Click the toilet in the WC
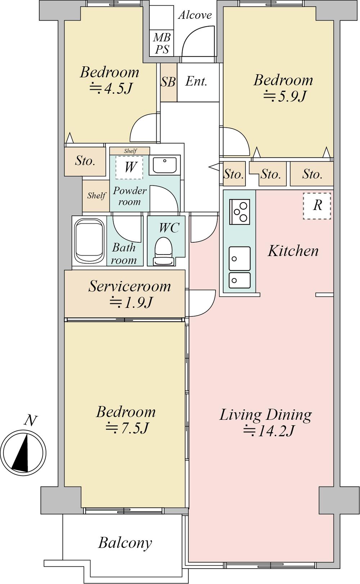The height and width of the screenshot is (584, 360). [163, 251]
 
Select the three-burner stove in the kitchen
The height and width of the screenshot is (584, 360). [239, 212]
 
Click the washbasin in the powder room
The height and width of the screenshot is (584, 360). [165, 165]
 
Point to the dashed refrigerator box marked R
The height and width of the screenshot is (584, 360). [317, 206]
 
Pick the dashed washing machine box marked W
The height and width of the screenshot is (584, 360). [129, 168]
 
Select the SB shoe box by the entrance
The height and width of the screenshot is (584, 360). [168, 82]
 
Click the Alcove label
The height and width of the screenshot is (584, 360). [195, 15]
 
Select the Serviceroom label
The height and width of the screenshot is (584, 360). [130, 286]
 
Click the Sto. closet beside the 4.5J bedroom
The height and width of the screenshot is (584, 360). [85, 161]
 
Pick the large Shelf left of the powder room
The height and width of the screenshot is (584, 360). [96, 196]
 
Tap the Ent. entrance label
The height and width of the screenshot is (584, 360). [196, 82]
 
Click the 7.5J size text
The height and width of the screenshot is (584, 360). [127, 428]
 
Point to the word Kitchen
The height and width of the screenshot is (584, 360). [293, 251]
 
